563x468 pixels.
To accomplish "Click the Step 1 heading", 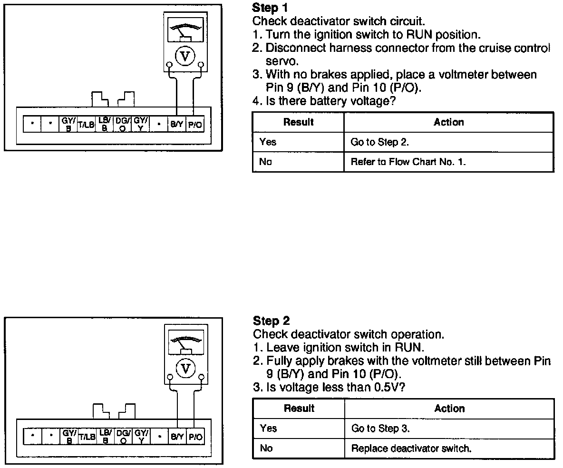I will point(270,8).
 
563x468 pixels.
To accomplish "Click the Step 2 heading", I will point(271,321).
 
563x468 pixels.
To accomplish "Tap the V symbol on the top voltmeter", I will point(185,56).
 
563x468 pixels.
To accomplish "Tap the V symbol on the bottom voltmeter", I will point(185,368).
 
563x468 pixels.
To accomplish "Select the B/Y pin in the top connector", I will point(176,125).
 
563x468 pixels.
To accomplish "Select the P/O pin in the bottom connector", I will point(195,436).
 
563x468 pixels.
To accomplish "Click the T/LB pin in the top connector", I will point(87,125).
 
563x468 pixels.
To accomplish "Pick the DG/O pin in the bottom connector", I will point(123,436).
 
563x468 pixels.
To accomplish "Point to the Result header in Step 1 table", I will point(298,122).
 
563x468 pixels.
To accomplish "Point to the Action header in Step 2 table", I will point(449,409).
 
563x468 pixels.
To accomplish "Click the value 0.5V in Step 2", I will point(384,388).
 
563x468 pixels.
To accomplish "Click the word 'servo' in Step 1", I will point(282,61).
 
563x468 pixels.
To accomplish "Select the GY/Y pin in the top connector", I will point(140,125).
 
